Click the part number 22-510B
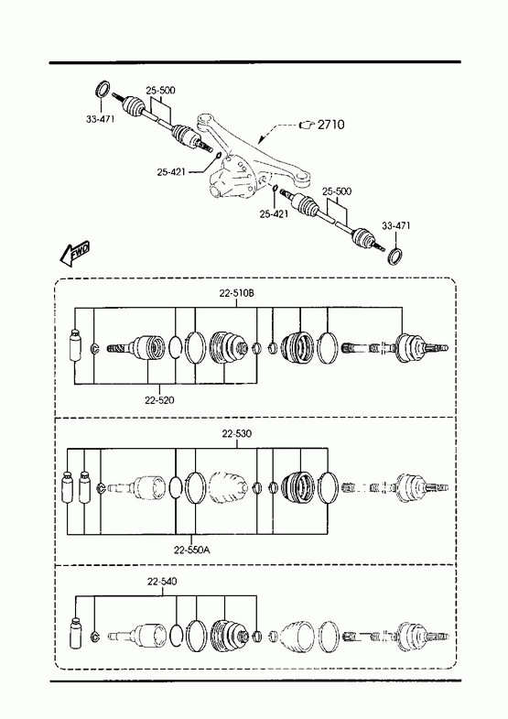click(x=236, y=293)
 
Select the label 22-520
click(x=159, y=400)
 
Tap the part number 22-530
click(x=237, y=433)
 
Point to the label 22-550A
click(x=192, y=550)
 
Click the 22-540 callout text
click(x=162, y=582)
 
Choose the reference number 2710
click(x=331, y=125)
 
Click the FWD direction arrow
click(x=74, y=253)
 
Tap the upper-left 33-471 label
click(x=101, y=119)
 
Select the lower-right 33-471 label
click(x=396, y=225)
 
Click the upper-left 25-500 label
click(x=161, y=91)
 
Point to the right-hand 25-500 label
click(x=337, y=191)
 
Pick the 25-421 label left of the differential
click(x=171, y=172)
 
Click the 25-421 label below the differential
click(x=274, y=213)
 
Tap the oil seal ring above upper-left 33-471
click(x=103, y=89)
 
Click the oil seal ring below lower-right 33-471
click(x=395, y=256)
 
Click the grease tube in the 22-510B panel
click(x=74, y=345)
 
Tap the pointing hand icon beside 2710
click(x=307, y=125)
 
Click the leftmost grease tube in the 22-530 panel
click(x=68, y=486)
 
